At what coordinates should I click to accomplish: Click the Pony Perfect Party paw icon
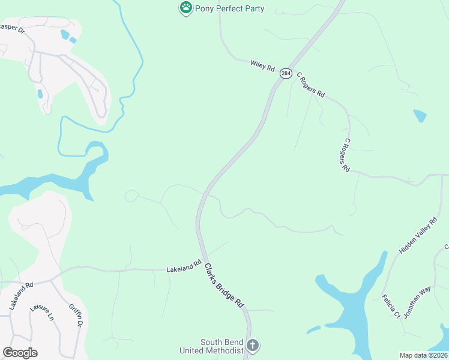(186, 8)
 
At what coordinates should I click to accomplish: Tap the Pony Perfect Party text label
(229, 9)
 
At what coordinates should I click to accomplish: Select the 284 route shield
(285, 73)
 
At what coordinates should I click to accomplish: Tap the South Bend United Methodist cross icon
(253, 346)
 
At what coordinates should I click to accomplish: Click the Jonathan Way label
(417, 302)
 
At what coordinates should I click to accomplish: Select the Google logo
(20, 353)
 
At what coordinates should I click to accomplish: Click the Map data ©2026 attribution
(423, 355)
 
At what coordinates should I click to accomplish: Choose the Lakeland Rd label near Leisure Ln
(21, 296)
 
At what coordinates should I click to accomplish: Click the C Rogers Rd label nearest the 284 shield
(311, 86)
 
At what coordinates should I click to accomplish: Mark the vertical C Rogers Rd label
(345, 156)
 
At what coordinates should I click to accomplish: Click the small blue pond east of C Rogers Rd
(420, 115)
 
